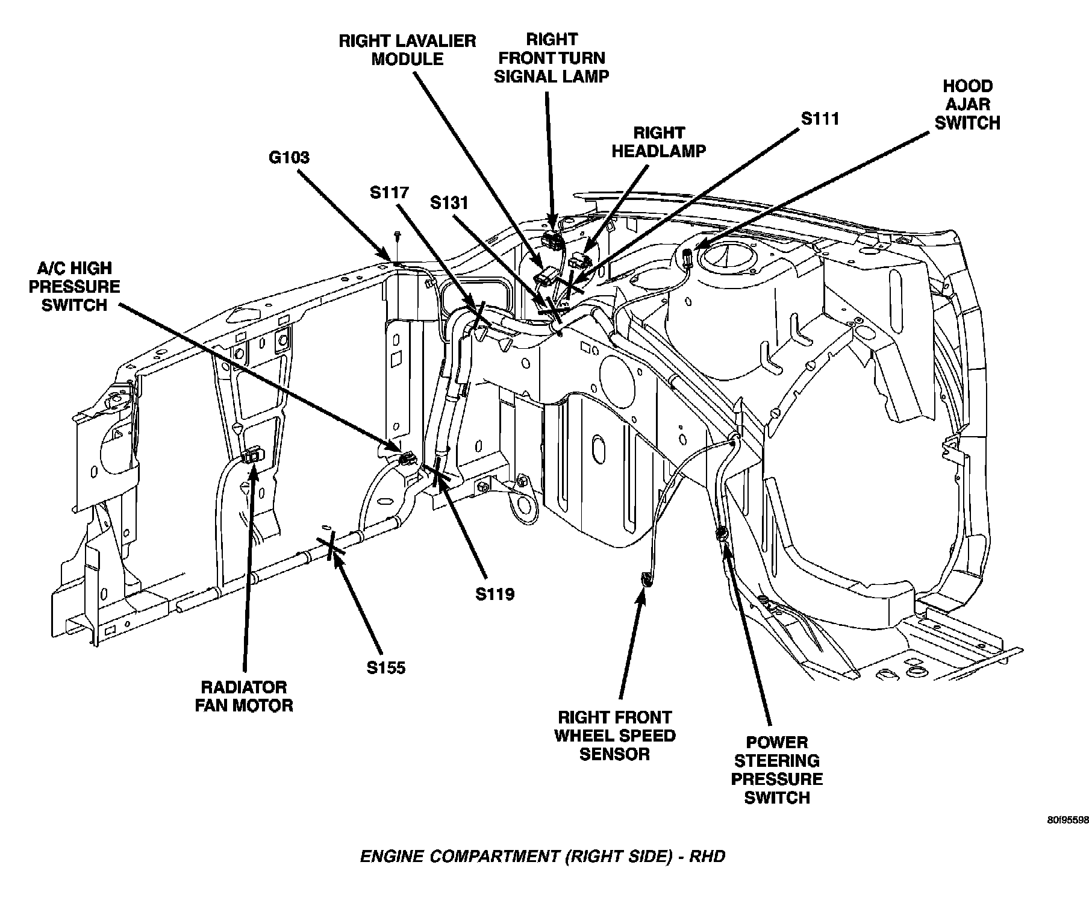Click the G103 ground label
289,158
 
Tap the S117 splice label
389,193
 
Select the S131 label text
449,202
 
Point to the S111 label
820,119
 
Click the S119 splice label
495,594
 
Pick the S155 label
386,667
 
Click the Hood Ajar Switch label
967,105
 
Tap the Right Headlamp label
658,142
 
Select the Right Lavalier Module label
407,50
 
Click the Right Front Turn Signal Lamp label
551,58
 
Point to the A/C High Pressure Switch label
74,287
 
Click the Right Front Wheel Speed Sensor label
614,736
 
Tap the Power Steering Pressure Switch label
776,770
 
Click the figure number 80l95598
1067,820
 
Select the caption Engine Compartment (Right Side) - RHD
542,856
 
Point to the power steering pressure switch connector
720,534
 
